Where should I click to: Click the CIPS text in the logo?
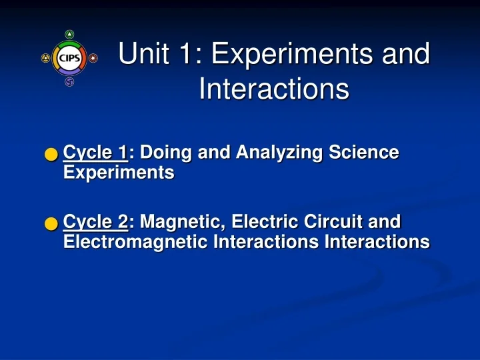(69, 58)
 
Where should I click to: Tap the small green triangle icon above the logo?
(69, 35)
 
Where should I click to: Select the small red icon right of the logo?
(93, 58)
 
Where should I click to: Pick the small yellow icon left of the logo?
(45, 58)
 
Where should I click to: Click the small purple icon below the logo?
(69, 82)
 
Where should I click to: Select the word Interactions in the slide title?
(274, 89)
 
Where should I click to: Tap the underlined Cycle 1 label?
(95, 153)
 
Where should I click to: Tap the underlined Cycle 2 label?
(95, 221)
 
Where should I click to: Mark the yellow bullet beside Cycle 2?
(51, 223)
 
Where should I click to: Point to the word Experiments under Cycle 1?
(118, 173)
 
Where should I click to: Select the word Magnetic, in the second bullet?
(178, 221)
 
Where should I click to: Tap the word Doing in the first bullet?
(162, 153)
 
